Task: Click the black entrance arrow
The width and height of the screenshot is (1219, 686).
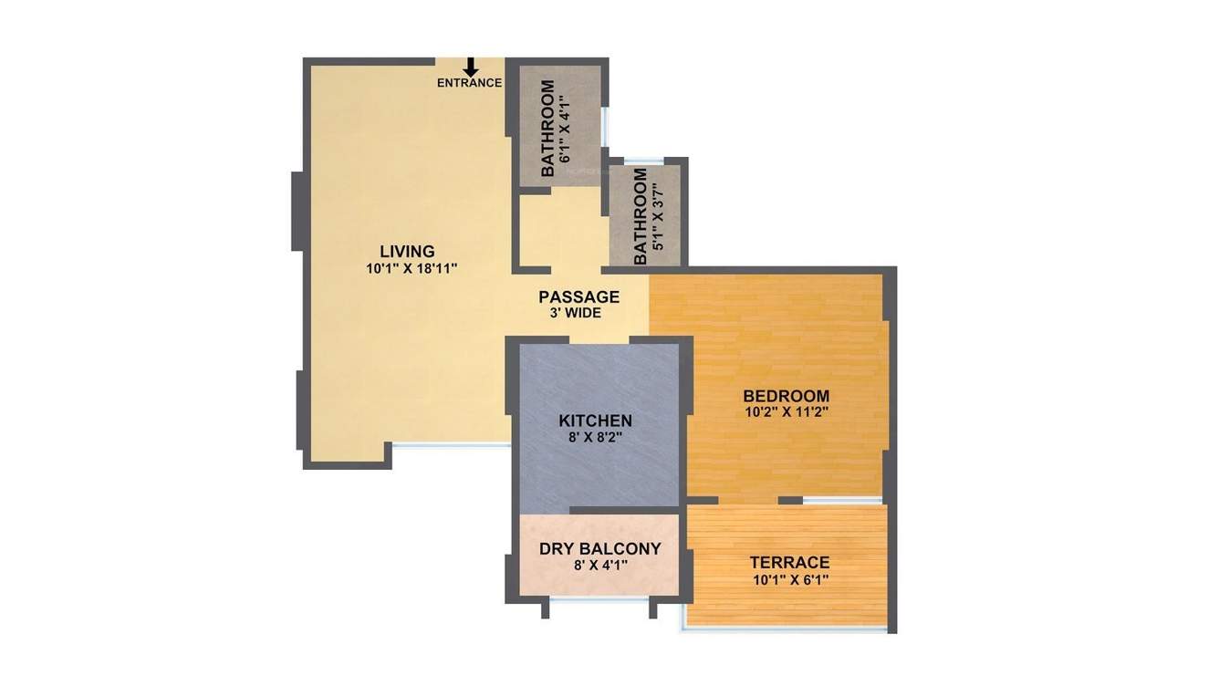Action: (471, 67)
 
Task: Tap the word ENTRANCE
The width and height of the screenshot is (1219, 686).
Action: (469, 83)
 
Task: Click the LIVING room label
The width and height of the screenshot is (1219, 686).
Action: (407, 252)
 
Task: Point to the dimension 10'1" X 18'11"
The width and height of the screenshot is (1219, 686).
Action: (411, 269)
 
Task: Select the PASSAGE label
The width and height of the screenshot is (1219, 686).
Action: (578, 297)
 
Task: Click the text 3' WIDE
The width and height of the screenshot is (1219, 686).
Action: (575, 314)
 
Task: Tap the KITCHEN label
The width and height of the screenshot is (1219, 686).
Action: (595, 421)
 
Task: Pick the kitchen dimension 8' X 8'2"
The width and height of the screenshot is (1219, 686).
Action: (595, 438)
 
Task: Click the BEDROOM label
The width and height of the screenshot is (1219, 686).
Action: (786, 396)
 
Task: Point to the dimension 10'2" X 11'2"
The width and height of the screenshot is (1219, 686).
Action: (786, 412)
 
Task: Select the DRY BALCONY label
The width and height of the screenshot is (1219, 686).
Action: (599, 549)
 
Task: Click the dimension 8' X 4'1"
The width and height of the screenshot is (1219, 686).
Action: (599, 566)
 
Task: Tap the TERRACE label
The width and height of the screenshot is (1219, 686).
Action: (789, 563)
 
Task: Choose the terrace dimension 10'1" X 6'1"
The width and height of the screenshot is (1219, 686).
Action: (789, 579)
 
